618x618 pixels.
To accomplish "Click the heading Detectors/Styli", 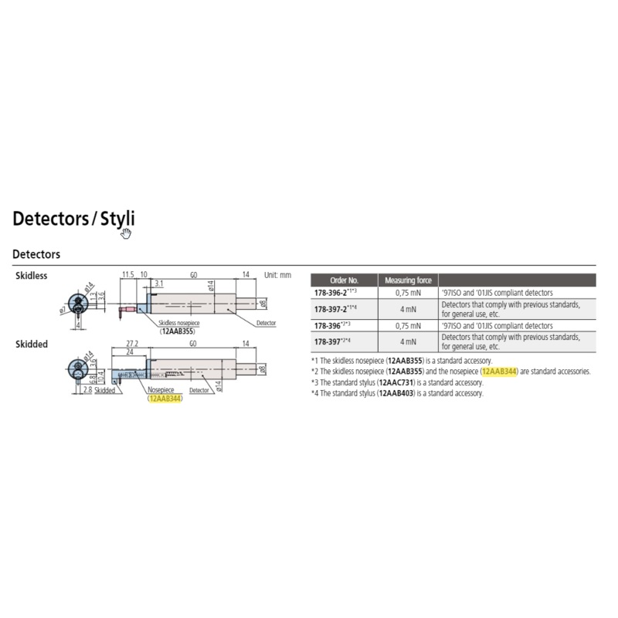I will point(73,219).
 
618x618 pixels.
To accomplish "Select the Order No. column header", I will point(344,280).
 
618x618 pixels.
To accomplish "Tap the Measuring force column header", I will point(408,280).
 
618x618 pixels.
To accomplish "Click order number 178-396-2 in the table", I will point(341,293).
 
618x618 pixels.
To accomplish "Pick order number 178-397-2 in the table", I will point(341,309).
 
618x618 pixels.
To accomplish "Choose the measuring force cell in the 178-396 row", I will point(408,325).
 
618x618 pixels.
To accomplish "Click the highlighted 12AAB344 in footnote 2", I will point(499,372).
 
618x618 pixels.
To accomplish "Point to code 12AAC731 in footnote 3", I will point(399,382).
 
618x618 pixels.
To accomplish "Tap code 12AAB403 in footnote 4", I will point(399,393).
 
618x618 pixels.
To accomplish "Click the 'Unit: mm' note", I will point(277,275).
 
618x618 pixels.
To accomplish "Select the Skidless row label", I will point(32,276).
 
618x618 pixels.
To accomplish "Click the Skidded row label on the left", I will point(32,344).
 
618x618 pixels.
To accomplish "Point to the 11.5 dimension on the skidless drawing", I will point(128,274).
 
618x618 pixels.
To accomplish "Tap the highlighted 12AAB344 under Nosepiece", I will point(165,399).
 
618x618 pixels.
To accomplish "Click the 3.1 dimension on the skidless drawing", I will point(158,284).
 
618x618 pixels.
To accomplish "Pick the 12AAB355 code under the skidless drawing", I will point(178,331).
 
